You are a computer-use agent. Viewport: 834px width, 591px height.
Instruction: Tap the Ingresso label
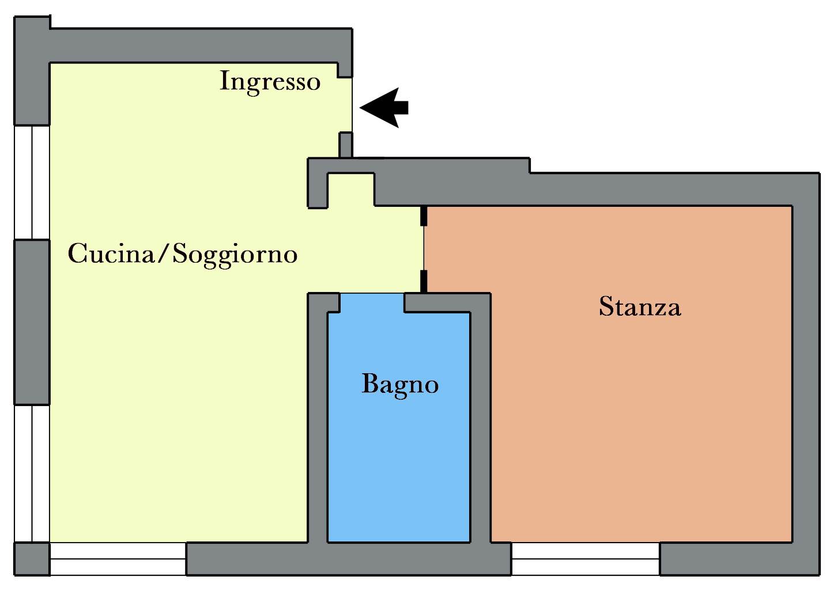click(x=270, y=81)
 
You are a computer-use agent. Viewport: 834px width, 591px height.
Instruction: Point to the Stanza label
click(x=640, y=306)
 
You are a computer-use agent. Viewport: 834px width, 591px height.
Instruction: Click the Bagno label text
click(x=400, y=384)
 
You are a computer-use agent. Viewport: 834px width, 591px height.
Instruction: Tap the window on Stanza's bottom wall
click(x=586, y=559)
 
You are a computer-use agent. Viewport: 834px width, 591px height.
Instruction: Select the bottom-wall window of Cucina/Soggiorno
click(x=118, y=559)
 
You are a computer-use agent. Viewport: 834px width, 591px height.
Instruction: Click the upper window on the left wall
click(x=32, y=182)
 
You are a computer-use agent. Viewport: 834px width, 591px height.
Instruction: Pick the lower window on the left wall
click(x=32, y=473)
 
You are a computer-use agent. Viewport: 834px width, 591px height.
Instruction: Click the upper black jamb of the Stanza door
click(x=424, y=215)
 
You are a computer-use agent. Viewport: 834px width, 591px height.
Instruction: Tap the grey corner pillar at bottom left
click(x=32, y=559)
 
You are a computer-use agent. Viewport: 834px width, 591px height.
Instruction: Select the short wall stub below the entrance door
click(x=345, y=145)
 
